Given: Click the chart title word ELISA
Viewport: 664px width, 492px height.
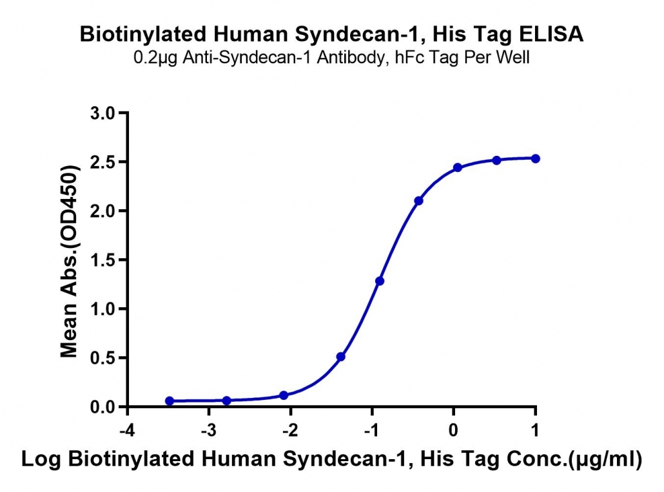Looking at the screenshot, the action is click(551, 34).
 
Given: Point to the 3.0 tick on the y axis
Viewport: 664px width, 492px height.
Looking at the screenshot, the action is click(103, 113).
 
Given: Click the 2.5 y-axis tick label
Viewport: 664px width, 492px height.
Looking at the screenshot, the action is click(103, 162).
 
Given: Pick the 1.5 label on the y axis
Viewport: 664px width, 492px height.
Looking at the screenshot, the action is click(103, 260).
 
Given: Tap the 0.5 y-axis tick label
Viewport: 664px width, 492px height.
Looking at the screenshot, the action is click(103, 358).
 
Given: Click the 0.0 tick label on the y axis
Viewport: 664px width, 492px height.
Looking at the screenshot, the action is click(103, 407).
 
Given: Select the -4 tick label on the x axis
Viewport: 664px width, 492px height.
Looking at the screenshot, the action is click(127, 430).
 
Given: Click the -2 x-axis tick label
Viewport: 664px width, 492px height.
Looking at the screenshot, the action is click(290, 430).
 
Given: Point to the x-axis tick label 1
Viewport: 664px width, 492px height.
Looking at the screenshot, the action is click(535, 430).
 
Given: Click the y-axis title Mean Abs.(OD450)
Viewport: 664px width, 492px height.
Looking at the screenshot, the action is click(69, 261).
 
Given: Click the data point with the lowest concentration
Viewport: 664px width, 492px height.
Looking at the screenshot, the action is click(170, 401).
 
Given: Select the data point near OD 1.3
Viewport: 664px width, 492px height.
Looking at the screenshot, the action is click(380, 281).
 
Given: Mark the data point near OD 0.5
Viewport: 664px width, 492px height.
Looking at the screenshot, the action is click(341, 357).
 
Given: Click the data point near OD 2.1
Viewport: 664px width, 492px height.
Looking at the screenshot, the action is click(419, 200).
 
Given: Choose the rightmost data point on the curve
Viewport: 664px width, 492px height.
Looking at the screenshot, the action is click(535, 158).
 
